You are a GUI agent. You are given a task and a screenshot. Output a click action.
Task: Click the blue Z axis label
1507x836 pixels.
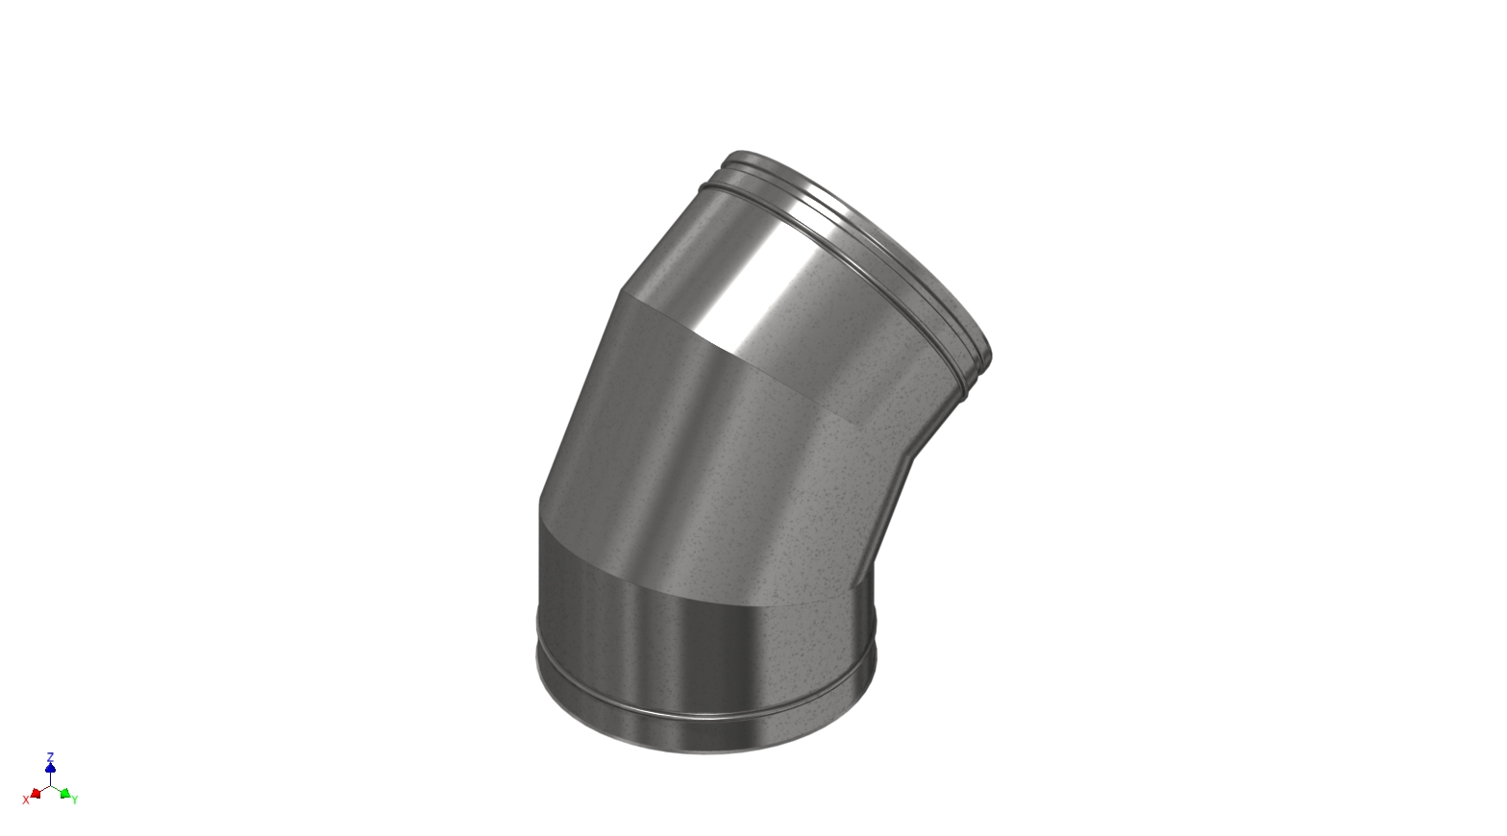click(50, 757)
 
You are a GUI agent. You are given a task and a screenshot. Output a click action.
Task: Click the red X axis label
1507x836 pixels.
click(26, 799)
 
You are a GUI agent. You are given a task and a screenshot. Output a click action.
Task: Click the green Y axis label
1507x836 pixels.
click(75, 799)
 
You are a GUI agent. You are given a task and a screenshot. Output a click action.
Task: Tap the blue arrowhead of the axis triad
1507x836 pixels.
click(50, 768)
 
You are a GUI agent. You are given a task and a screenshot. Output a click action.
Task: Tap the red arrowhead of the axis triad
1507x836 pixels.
click(36, 793)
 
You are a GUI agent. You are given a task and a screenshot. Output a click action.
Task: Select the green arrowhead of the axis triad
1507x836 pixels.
click(64, 793)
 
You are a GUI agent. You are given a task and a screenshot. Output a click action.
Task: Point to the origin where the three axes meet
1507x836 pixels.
click(50, 785)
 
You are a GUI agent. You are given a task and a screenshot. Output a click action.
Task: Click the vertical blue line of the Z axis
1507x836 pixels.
click(50, 776)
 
